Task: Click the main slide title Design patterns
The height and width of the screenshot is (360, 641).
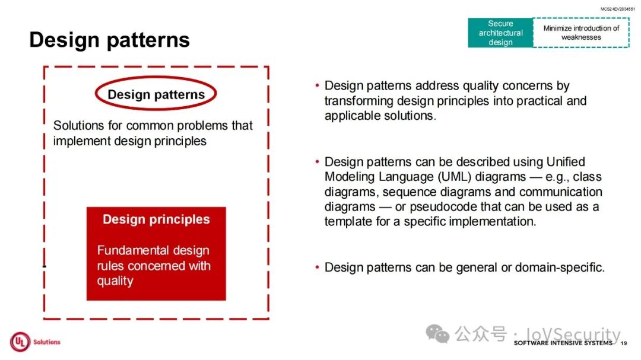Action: click(109, 40)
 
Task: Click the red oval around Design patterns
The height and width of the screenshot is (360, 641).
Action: click(156, 77)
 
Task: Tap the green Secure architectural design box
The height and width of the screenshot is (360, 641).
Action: click(500, 33)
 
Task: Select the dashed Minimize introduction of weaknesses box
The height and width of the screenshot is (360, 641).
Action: click(581, 33)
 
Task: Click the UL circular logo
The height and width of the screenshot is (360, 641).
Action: click(20, 342)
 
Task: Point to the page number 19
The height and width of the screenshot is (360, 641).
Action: click(623, 343)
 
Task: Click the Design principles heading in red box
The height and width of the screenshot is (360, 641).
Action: click(156, 219)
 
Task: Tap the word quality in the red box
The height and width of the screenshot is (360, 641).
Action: click(115, 281)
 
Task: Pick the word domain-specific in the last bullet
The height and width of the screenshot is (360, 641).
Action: click(560, 267)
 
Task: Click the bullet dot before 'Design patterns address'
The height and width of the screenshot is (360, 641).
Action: click(317, 85)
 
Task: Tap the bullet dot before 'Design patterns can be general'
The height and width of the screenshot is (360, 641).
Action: click(317, 267)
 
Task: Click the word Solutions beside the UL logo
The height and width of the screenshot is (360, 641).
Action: click(47, 342)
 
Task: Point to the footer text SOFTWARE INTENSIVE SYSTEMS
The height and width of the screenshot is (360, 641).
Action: click(563, 343)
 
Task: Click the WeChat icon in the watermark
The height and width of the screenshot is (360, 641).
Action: click(437, 334)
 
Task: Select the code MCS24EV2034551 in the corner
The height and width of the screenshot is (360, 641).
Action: click(617, 8)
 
